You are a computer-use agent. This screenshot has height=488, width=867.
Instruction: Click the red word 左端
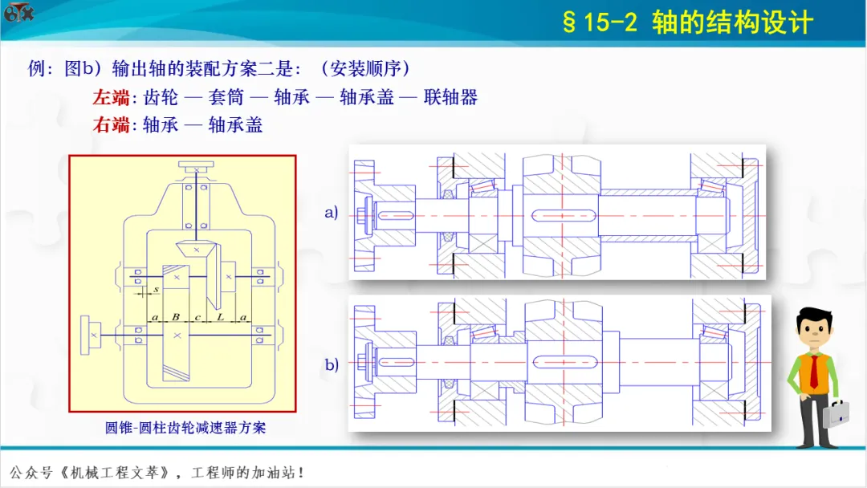coord(111,98)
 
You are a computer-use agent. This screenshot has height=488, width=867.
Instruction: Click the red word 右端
coord(111,124)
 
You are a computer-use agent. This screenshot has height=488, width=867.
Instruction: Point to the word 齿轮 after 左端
coord(161,98)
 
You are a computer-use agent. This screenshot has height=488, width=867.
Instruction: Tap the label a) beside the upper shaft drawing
coord(332,213)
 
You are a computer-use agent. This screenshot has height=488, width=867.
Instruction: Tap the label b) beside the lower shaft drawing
coord(332,364)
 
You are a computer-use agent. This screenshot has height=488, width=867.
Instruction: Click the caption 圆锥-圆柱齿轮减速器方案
coord(185,428)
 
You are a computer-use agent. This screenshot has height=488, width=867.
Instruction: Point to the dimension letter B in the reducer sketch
coord(175,318)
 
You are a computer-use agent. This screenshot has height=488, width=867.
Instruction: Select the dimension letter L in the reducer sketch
coord(220,318)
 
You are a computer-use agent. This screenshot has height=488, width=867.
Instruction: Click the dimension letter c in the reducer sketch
coord(197,318)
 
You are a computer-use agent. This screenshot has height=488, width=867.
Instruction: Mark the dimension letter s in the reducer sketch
coord(155,288)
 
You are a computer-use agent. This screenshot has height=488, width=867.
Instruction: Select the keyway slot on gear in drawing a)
coord(564,217)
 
